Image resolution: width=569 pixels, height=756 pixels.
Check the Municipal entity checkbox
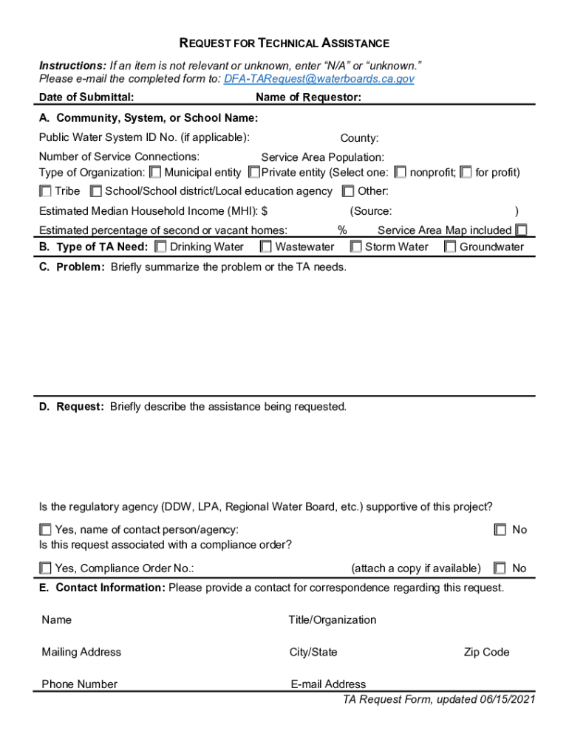click(155, 173)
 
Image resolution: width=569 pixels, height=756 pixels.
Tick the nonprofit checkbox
click(401, 173)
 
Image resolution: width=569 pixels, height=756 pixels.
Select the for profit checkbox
click(466, 173)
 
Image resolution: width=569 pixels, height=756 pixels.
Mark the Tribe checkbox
click(46, 192)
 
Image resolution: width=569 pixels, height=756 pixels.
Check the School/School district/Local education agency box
click(96, 192)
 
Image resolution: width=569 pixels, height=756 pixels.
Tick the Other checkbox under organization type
click(348, 192)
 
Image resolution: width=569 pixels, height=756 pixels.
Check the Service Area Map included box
click(522, 230)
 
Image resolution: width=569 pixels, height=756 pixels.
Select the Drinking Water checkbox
click(160, 247)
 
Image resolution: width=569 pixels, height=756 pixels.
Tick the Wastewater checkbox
click(266, 247)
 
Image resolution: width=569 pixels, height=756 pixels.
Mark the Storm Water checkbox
click(355, 247)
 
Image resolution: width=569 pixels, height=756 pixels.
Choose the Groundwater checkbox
click(450, 247)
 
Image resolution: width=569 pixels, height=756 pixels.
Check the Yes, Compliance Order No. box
click(46, 568)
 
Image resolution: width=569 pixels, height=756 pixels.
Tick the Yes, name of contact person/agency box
click(46, 530)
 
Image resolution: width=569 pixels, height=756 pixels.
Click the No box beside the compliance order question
click(501, 568)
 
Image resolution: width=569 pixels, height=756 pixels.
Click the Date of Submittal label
click(86, 97)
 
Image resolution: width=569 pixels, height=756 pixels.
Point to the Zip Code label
click(486, 652)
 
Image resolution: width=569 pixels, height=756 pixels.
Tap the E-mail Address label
click(328, 684)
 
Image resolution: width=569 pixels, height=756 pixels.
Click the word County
click(359, 138)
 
